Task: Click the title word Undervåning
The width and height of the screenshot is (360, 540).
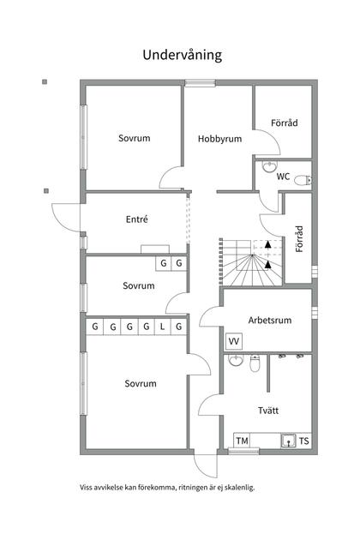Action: (182, 55)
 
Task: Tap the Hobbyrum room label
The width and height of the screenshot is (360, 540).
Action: (219, 138)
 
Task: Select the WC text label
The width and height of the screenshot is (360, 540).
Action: (282, 177)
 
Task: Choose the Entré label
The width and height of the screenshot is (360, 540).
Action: (136, 219)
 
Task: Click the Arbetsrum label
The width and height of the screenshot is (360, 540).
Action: (270, 321)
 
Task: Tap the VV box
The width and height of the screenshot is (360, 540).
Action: (233, 342)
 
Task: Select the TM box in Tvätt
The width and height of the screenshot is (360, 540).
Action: (242, 441)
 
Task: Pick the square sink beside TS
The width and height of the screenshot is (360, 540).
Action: (289, 441)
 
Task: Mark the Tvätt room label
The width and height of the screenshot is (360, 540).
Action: (267, 411)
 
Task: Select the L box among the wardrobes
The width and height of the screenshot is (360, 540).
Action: (162, 327)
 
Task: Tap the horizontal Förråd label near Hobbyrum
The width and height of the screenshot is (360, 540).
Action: (285, 123)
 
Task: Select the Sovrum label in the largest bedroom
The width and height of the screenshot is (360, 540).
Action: (140, 383)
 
